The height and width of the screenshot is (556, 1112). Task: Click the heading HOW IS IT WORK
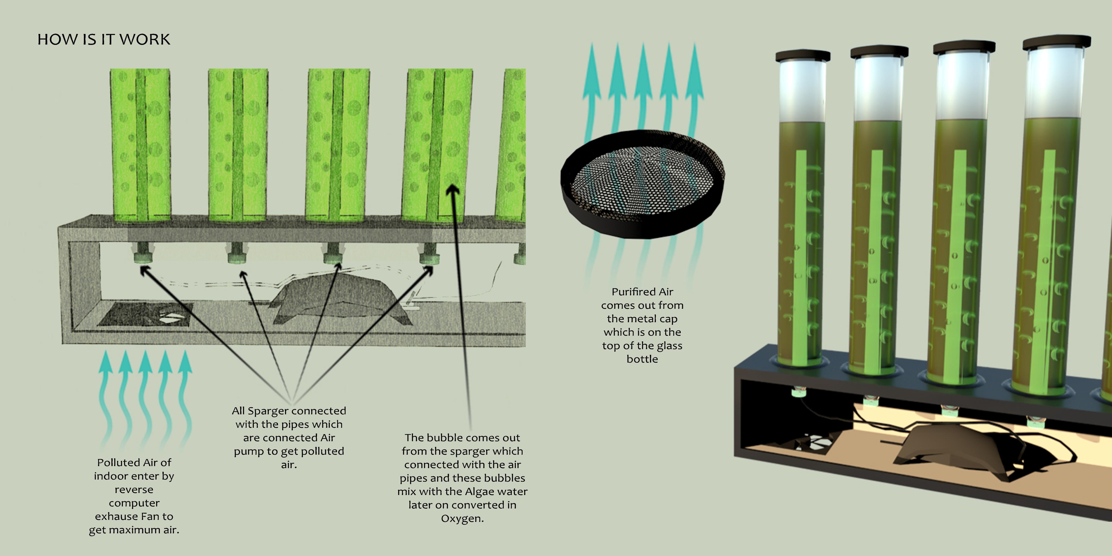104,39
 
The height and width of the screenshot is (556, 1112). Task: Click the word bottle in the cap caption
642,359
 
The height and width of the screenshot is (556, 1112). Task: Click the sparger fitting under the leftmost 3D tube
796,393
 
